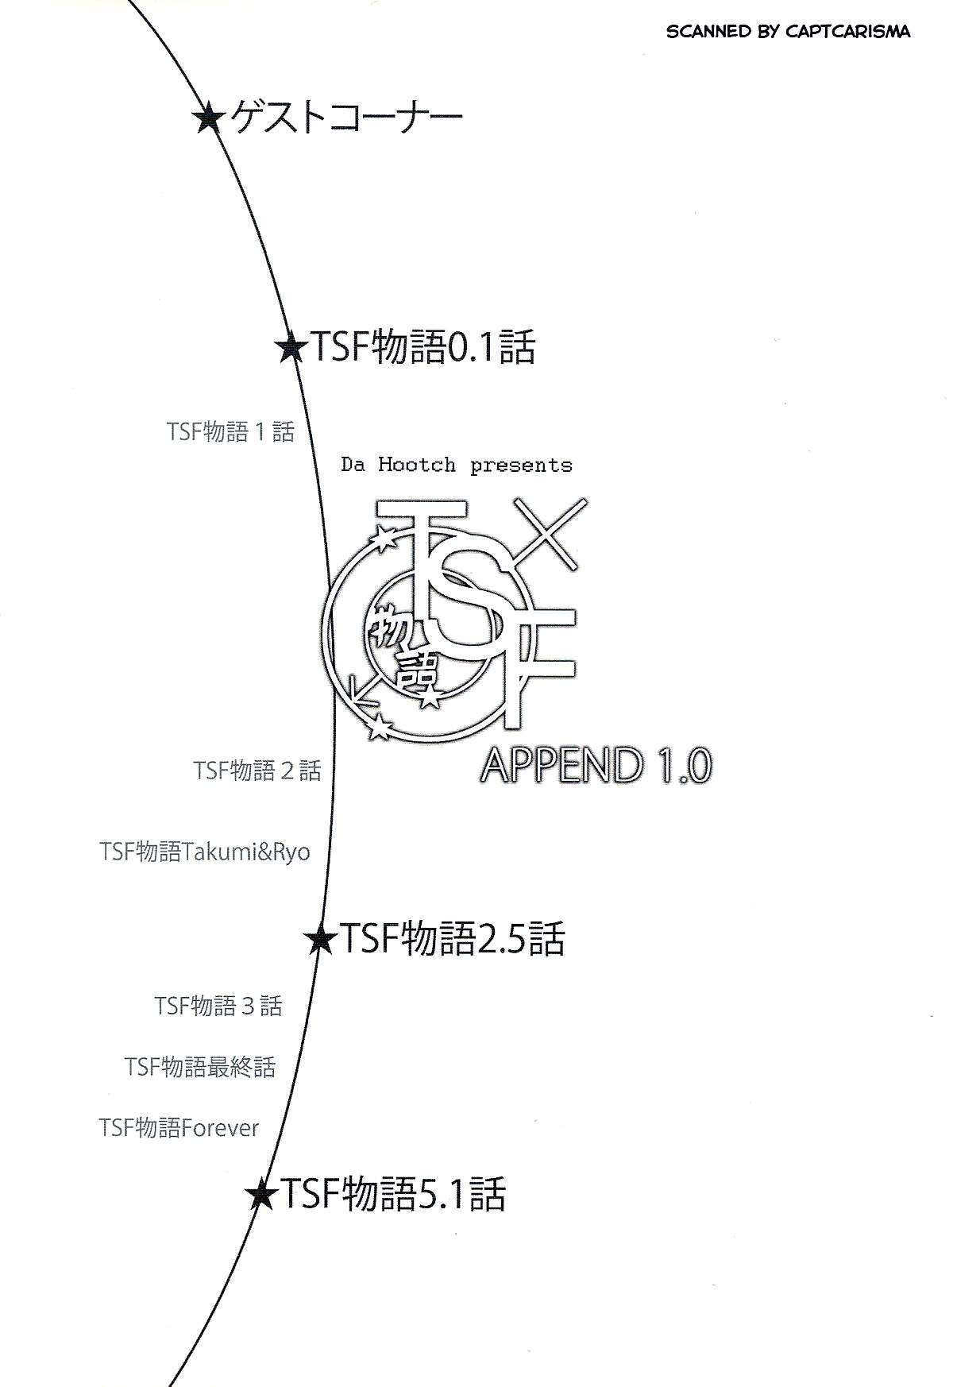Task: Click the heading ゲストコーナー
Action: coord(346,119)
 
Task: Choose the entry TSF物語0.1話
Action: coord(421,347)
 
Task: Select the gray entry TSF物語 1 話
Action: coord(230,431)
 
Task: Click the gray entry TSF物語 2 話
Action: coord(257,770)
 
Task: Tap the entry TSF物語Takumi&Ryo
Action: coord(205,852)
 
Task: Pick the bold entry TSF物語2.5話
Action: coord(452,939)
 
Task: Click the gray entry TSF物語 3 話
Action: coord(218,1006)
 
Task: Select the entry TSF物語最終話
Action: coord(200,1066)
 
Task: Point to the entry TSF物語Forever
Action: coord(179,1127)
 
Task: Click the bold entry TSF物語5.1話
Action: coord(392,1194)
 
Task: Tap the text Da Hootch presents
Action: coord(457,465)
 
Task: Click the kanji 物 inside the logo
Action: coord(391,632)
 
